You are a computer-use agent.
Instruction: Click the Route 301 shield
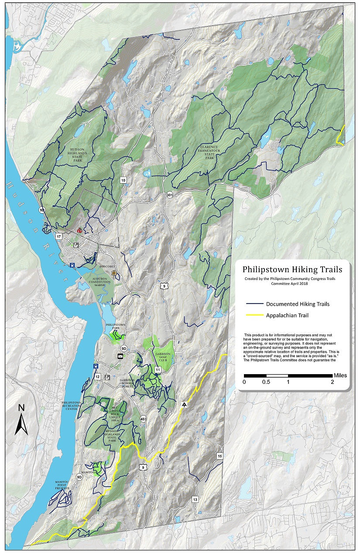(x=169, y=195)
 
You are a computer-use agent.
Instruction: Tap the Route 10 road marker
(x=123, y=180)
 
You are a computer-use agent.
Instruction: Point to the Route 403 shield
(x=144, y=419)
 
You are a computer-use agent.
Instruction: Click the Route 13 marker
(x=195, y=499)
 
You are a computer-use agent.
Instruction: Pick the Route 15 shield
(x=219, y=456)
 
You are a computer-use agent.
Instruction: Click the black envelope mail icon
(x=120, y=356)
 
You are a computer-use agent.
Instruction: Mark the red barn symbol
(x=79, y=230)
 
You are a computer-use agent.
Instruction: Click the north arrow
(x=21, y=420)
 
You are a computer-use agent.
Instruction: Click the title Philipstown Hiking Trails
(x=292, y=269)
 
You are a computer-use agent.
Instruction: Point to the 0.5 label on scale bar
(x=266, y=382)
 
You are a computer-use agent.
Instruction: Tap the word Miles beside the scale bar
(x=340, y=375)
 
